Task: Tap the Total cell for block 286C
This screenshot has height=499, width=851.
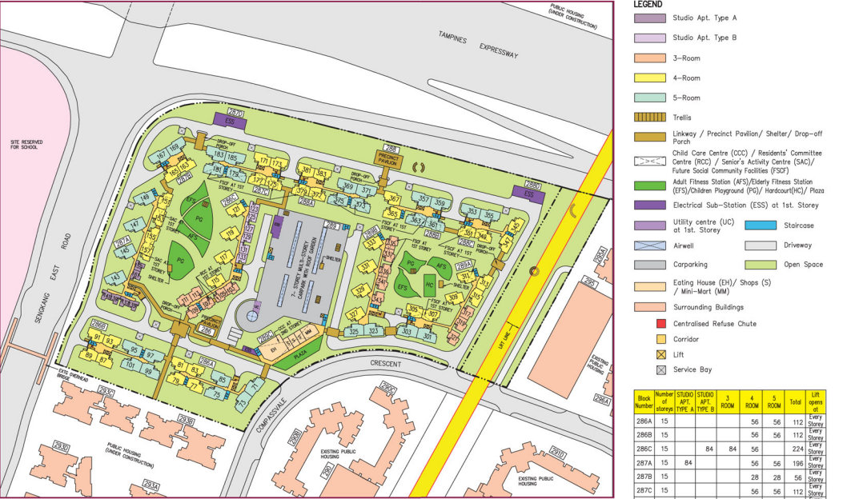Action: point(794,449)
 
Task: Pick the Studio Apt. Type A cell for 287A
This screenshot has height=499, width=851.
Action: point(684,462)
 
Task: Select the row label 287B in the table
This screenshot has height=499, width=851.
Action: point(644,477)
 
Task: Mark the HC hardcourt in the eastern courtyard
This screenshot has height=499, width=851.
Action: point(430,283)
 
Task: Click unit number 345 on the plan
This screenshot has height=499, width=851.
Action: point(516,227)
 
